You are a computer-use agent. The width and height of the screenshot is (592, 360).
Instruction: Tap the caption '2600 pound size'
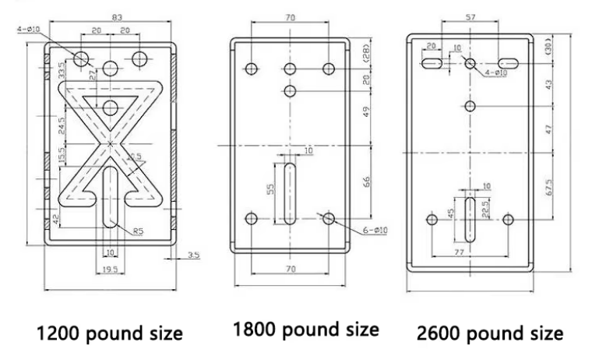[488, 333]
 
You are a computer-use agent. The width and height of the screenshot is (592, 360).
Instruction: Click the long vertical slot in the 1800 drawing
[290, 196]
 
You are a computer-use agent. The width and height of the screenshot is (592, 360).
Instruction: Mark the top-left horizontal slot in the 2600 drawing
[431, 61]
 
